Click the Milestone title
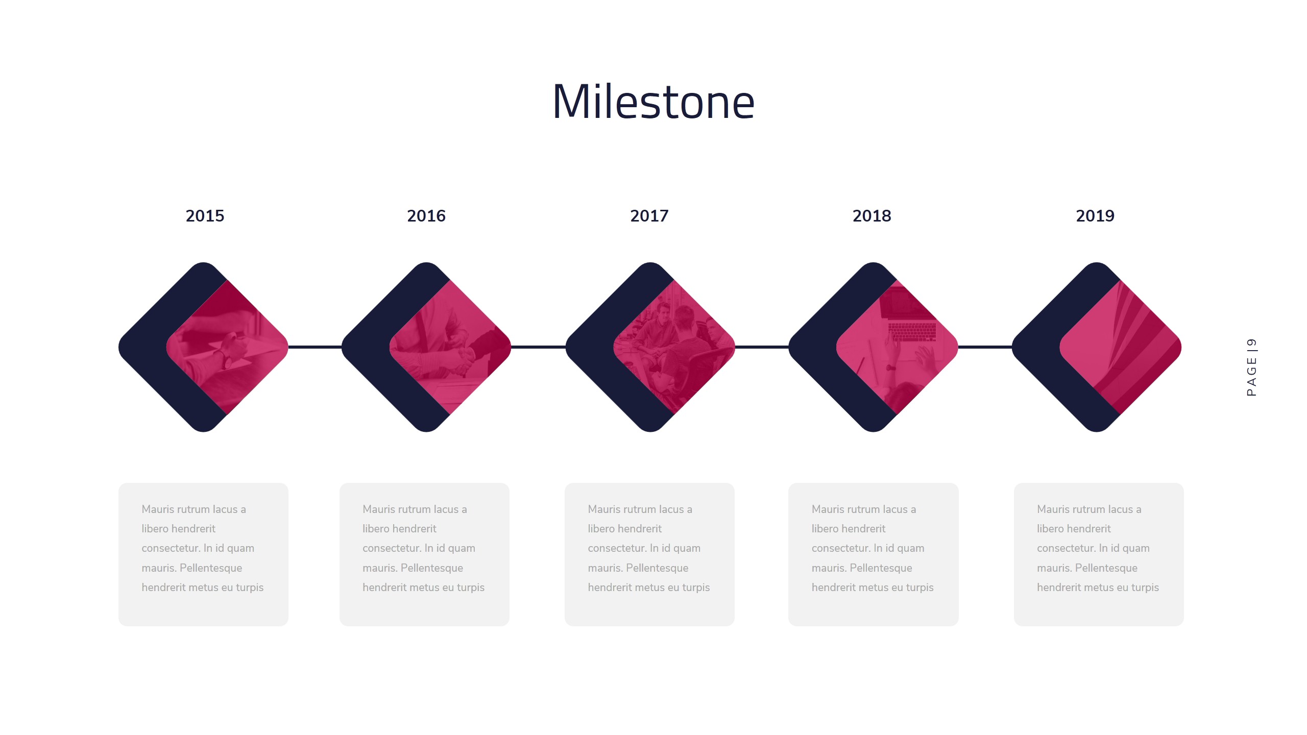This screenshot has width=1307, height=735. pyautogui.click(x=653, y=102)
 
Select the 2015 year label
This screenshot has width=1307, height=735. pyautogui.click(x=205, y=216)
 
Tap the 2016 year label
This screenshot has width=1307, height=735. pyautogui.click(x=426, y=216)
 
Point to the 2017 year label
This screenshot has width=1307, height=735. pyautogui.click(x=649, y=216)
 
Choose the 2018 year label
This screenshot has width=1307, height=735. pyautogui.click(x=872, y=216)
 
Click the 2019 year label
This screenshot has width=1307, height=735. pyautogui.click(x=1095, y=216)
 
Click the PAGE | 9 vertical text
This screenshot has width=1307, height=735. pyautogui.click(x=1251, y=367)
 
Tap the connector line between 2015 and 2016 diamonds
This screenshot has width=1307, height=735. pyautogui.click(x=314, y=347)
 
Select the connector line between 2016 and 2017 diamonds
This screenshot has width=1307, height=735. pyautogui.click(x=538, y=347)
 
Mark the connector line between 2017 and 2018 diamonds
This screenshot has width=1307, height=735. pyautogui.click(x=761, y=347)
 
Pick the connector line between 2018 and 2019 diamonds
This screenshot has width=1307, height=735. pyautogui.click(x=984, y=347)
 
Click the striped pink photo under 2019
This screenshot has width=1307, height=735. pyautogui.click(x=1123, y=347)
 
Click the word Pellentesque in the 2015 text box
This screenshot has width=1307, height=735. pyautogui.click(x=211, y=568)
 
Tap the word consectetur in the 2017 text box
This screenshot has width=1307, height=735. pyautogui.click(x=617, y=548)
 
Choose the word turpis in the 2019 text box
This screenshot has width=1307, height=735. pyautogui.click(x=1145, y=587)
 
